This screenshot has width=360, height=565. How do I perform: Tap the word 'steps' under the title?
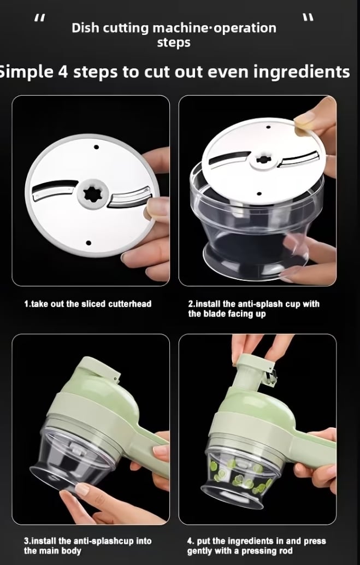click(174, 43)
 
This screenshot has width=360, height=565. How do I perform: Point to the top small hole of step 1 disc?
click(96, 147)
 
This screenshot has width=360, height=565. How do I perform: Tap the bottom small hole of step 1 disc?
click(88, 243)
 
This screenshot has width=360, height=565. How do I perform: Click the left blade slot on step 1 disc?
click(54, 190)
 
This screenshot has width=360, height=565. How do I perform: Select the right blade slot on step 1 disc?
click(129, 198)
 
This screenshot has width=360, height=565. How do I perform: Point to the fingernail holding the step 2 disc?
click(303, 119)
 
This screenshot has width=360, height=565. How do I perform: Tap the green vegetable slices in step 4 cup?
click(240, 475)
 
